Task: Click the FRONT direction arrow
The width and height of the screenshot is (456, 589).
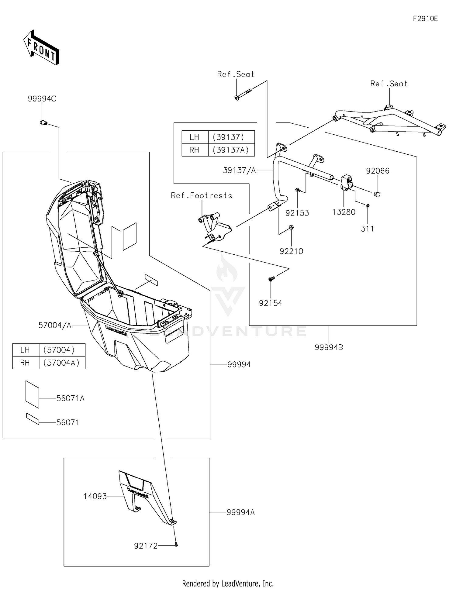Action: pos(41,47)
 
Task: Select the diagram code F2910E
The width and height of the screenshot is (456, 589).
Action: pos(425,19)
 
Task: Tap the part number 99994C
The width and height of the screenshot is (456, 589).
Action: pos(42,99)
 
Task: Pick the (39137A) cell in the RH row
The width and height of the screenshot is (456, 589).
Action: pos(231,150)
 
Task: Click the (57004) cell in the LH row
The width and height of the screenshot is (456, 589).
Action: pos(59,350)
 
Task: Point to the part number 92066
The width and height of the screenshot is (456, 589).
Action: pos(378,171)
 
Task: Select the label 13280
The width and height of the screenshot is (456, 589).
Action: pos(344,212)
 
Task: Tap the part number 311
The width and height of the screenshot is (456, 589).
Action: pos(367,229)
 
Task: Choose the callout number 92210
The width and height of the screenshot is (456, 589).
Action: pos(291,251)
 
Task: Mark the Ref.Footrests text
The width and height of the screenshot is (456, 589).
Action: pos(202,195)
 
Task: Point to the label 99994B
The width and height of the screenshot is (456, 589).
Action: pos(329,347)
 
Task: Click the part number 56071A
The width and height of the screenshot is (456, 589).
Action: pos(70,398)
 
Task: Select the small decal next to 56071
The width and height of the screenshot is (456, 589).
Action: pos(33,418)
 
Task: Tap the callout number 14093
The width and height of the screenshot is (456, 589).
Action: pos(95,496)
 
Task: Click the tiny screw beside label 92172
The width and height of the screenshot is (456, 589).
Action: pos(176,545)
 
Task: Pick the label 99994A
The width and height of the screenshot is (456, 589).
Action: pos(241,512)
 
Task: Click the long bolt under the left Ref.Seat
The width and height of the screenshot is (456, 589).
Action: pos(243,94)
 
